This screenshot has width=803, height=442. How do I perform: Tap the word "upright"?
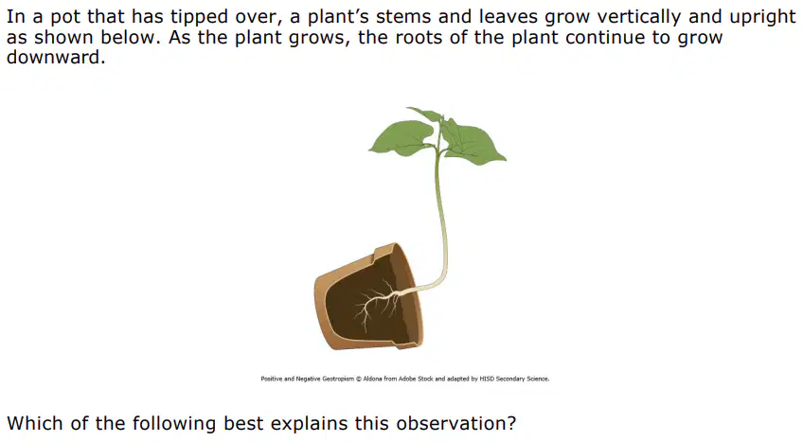coord(762,17)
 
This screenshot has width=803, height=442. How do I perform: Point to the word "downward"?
coord(56,58)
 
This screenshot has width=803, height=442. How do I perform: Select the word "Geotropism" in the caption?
coord(338,380)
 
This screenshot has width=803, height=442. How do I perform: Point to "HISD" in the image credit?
coord(487,380)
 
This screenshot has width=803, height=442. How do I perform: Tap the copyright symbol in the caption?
coord(359,380)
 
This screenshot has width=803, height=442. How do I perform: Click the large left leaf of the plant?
coord(402,137)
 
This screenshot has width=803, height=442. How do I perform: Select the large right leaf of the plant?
coord(473,143)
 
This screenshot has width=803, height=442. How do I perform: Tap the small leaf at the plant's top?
coord(426,114)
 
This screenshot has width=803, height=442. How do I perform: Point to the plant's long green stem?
coord(440,215)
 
